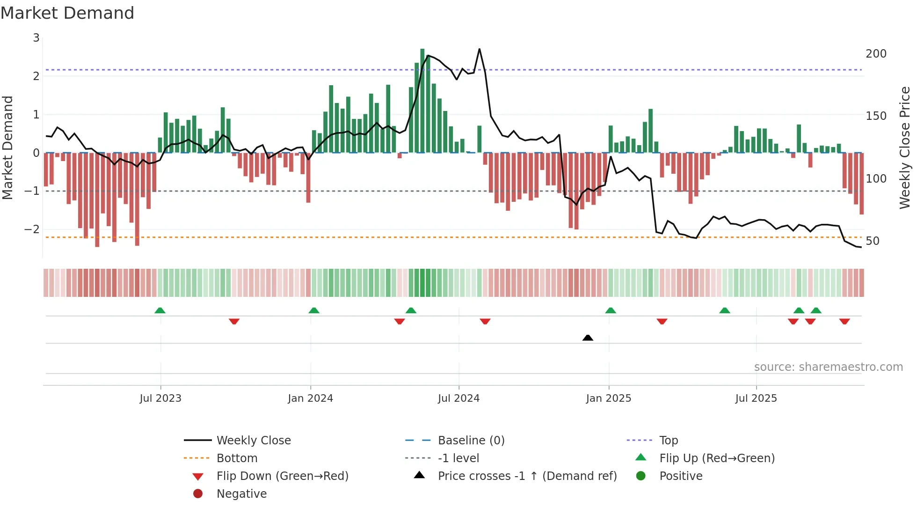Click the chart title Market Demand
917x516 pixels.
pos(67,13)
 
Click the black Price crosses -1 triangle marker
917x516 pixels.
pos(588,338)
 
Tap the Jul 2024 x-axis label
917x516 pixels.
pos(458,398)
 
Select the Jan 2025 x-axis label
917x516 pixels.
pos(608,398)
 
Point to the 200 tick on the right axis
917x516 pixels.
pos(876,54)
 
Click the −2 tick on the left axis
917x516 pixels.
pos(32,229)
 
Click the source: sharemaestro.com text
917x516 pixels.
pos(828,367)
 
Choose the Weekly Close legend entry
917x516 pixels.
pos(253,441)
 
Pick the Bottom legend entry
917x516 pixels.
pos(237,458)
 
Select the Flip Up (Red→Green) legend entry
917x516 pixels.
pos(717,458)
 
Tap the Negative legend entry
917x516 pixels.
pos(241,494)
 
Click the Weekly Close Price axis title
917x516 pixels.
pos(905,147)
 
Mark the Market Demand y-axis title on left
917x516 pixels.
pos(8,147)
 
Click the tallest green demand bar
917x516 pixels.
pos(422,101)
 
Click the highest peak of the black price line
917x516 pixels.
pos(479,49)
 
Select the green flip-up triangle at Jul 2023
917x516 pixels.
pos(160,310)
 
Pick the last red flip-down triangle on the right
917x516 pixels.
pos(844,321)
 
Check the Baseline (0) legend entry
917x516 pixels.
pos(471,441)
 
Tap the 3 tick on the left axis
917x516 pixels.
pos(36,38)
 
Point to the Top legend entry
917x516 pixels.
pos(668,441)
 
